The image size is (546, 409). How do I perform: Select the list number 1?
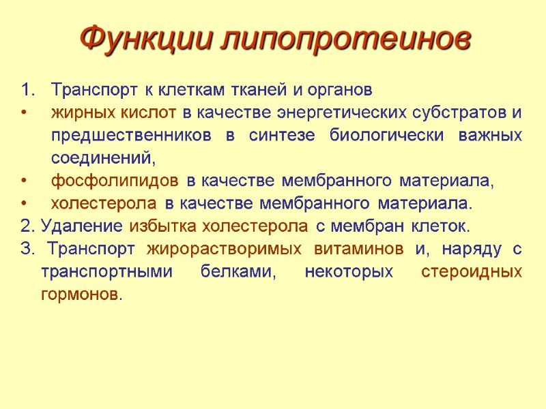pos(26,90)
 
